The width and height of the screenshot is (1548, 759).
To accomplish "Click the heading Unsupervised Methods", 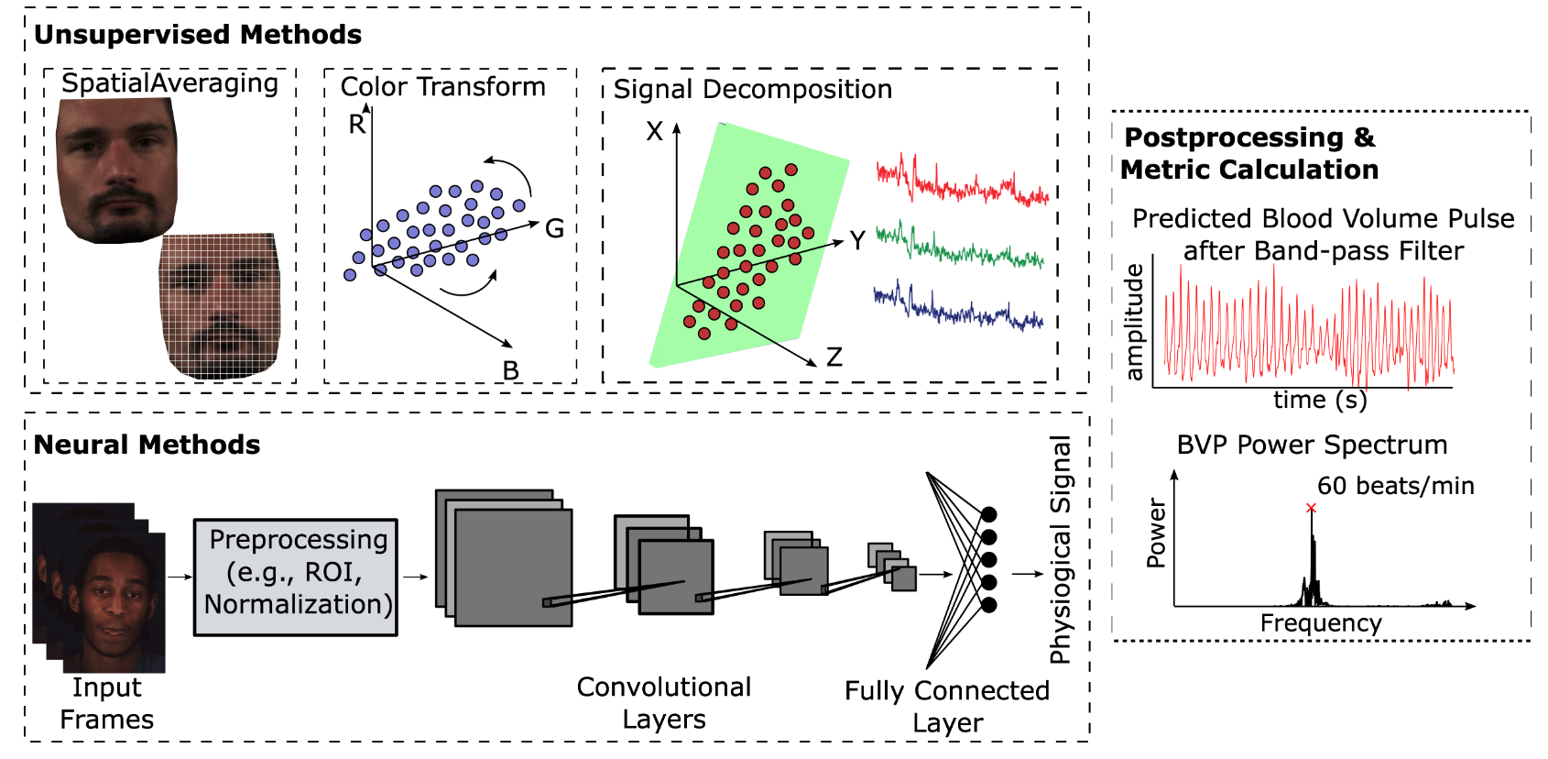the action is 198,35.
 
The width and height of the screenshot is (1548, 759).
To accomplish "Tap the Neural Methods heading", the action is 147,445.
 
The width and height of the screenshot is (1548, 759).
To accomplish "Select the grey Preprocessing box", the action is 296,577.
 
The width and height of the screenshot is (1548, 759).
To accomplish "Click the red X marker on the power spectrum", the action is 1311,509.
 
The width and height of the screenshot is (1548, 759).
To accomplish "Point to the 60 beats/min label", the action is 1395,486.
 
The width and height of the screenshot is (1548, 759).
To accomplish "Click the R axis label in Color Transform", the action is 356,125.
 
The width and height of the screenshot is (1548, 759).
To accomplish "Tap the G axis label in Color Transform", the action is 554,228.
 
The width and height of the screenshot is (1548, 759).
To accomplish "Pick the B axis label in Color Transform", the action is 511,371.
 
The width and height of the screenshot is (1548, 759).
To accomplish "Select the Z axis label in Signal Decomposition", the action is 834,357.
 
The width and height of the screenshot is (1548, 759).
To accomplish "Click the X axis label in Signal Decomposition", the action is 654,131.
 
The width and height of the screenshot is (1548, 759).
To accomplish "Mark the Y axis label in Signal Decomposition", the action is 857,241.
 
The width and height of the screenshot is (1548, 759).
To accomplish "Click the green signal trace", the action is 960,247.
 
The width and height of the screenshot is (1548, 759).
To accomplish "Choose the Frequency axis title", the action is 1321,623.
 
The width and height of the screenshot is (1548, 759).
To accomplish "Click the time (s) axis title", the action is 1320,400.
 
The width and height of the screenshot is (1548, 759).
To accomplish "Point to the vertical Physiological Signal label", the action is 1060,550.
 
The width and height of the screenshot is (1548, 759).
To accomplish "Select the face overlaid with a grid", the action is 220,306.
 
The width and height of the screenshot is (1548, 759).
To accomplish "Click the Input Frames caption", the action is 106,703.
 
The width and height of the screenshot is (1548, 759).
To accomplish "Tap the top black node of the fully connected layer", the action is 989,515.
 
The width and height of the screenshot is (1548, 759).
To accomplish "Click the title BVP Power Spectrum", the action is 1312,445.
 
